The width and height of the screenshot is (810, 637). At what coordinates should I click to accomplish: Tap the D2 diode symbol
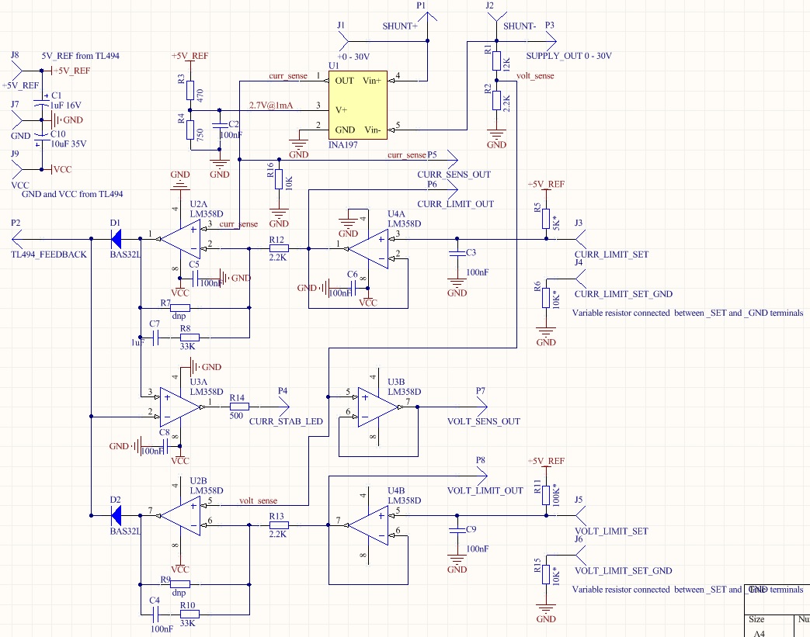pyautogui.click(x=116, y=513)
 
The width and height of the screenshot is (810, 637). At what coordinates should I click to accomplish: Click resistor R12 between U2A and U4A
pyautogui.click(x=279, y=248)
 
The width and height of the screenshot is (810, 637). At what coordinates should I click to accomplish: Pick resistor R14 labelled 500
pyautogui.click(x=238, y=406)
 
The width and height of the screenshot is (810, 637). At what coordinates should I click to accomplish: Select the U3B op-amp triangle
pyautogui.click(x=378, y=408)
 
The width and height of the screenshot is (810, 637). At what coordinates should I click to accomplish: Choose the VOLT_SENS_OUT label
pyautogui.click(x=483, y=421)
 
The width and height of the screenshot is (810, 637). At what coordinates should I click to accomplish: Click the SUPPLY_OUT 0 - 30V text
pyautogui.click(x=568, y=56)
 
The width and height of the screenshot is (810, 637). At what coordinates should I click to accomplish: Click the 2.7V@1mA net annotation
pyautogui.click(x=271, y=106)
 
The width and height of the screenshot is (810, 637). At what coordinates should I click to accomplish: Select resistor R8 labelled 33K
pyautogui.click(x=189, y=337)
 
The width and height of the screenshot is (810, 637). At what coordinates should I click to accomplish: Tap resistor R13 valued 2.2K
pyautogui.click(x=279, y=525)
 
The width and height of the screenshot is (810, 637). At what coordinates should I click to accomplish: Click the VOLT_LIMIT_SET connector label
pyautogui.click(x=610, y=531)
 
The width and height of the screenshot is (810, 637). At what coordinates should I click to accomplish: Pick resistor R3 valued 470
pyautogui.click(x=189, y=90)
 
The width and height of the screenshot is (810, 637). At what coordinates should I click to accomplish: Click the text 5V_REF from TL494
pyautogui.click(x=80, y=56)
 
